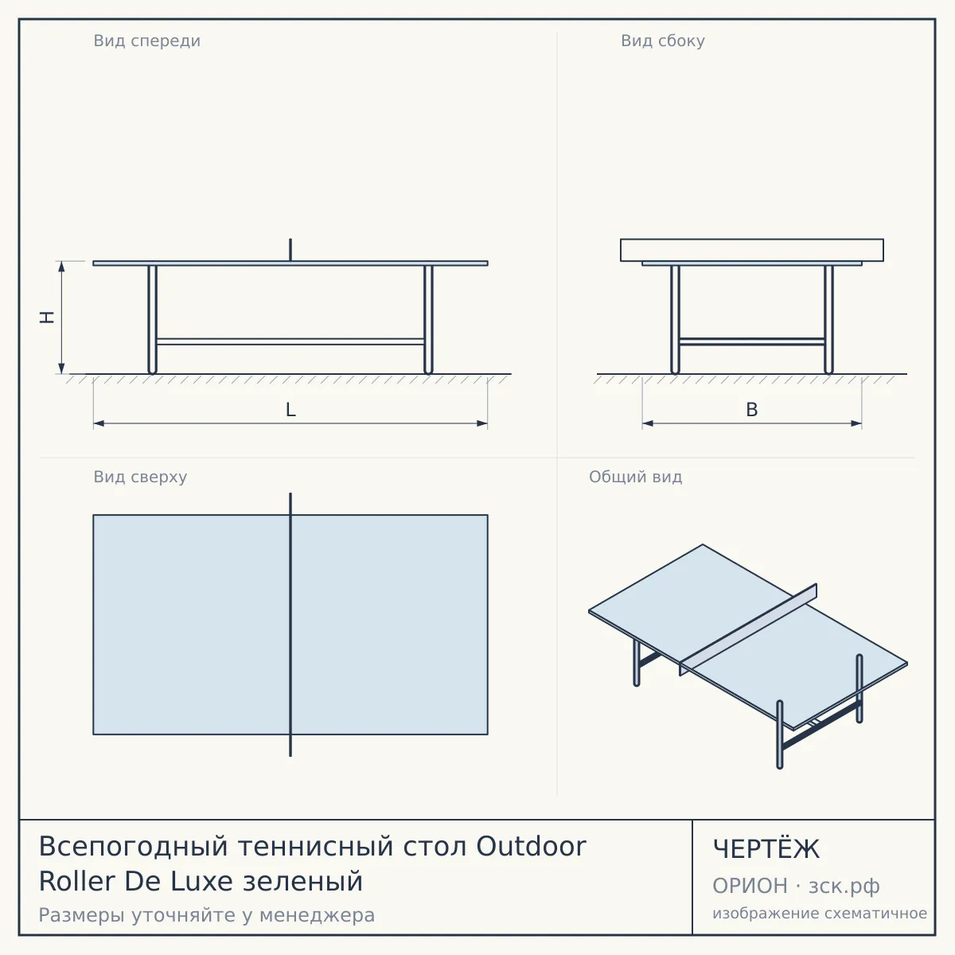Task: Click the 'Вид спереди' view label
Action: [146, 41]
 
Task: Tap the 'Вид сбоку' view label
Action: [663, 41]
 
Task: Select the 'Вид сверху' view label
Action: [140, 477]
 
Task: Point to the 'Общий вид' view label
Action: [635, 477]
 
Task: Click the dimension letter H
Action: [47, 318]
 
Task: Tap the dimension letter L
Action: [290, 410]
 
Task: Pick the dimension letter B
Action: [752, 410]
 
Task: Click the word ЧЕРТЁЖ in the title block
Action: [766, 849]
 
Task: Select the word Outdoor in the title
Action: [532, 846]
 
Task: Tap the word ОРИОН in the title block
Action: [750, 886]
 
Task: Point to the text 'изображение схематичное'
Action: [820, 914]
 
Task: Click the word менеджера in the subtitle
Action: [318, 915]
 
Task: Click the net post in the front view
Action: [290, 250]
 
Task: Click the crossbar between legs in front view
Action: [290, 341]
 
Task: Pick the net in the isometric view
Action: [748, 630]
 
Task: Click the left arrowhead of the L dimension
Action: [99, 423]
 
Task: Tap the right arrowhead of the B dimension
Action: [856, 423]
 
